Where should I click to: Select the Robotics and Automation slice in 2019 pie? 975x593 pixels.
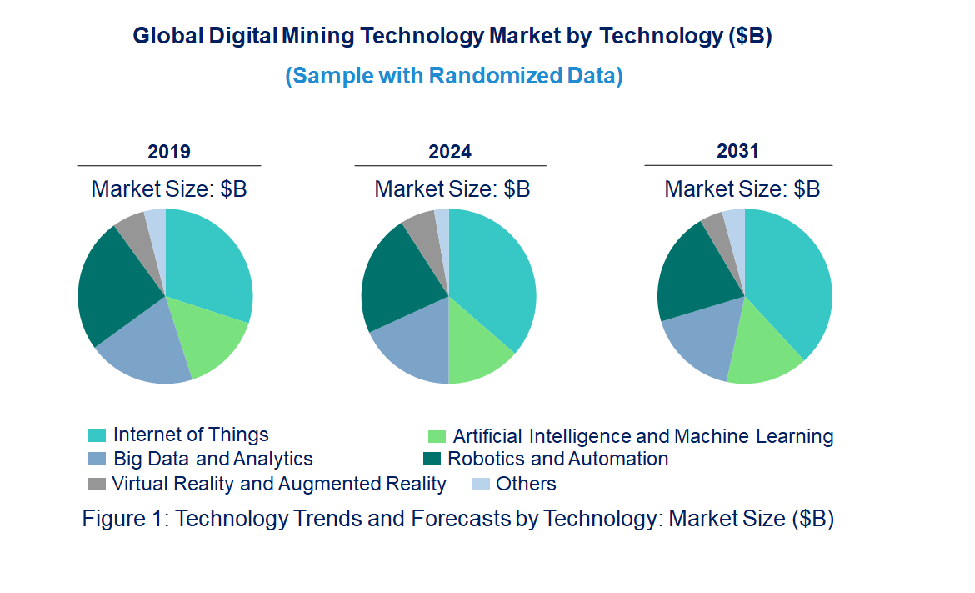(x=117, y=284)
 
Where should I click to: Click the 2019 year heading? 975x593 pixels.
(x=169, y=152)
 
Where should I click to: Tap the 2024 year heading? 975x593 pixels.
(x=450, y=152)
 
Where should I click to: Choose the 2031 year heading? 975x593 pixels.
(x=737, y=151)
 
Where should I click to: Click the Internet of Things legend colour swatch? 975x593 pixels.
(x=97, y=435)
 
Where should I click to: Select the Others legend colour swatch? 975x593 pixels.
(x=480, y=484)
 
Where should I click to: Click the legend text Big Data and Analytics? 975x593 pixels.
(x=213, y=459)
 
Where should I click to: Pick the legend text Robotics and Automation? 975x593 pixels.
(x=557, y=459)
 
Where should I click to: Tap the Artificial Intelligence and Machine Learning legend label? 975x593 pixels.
(x=642, y=436)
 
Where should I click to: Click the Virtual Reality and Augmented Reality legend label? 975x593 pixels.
(x=279, y=484)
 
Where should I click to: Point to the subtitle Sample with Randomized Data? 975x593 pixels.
(x=454, y=76)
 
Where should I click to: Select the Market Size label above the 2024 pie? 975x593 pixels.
(x=452, y=188)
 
